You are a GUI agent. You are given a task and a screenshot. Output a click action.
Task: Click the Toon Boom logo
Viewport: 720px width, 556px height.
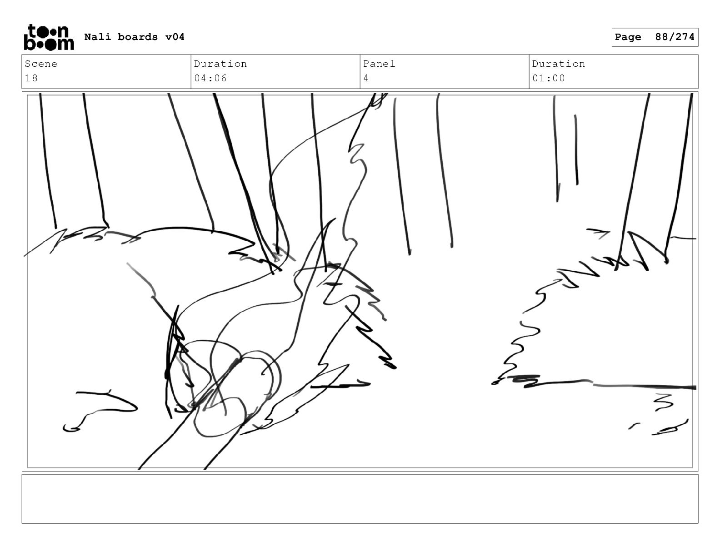[49, 37]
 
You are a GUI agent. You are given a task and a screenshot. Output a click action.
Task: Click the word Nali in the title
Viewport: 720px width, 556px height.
[97, 37]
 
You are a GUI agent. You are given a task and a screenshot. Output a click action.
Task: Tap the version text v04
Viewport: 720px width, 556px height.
[175, 37]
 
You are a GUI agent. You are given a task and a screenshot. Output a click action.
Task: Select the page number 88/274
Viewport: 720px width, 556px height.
[675, 37]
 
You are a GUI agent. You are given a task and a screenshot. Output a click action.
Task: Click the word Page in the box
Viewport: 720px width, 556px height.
[628, 37]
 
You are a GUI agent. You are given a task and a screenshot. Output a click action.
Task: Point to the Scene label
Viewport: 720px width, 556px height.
[41, 64]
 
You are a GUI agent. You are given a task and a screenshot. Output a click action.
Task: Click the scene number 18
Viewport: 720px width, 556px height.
[31, 78]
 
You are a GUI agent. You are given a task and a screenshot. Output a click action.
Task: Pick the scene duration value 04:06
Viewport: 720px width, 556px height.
[210, 78]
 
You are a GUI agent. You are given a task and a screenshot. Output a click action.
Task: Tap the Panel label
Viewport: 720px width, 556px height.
[379, 64]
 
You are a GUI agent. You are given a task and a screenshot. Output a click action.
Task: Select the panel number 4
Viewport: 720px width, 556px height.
[366, 78]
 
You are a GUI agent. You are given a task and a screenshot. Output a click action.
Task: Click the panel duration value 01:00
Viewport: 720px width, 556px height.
[548, 78]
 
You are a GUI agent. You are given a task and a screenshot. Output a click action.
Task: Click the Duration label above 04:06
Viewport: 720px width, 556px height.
[220, 64]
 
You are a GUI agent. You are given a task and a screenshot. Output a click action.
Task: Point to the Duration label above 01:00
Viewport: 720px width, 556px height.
[559, 64]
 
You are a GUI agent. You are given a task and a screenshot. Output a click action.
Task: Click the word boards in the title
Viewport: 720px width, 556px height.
[138, 37]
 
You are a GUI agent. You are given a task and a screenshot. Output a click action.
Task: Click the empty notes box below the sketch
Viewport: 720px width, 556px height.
[360, 499]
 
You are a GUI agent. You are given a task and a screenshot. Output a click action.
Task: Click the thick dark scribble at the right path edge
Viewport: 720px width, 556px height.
[525, 381]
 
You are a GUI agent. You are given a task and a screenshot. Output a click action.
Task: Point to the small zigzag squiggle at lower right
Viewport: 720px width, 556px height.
[664, 402]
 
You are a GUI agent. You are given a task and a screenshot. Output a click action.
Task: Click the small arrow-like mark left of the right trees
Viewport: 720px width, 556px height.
[598, 233]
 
